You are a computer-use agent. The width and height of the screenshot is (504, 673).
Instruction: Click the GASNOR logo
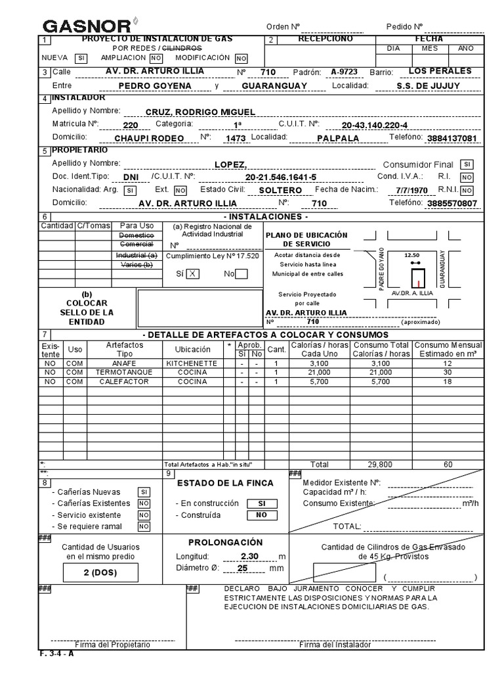click(87, 26)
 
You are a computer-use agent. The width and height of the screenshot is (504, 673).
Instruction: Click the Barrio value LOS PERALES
click(440, 71)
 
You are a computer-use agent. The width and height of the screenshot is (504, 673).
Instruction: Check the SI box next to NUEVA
click(81, 58)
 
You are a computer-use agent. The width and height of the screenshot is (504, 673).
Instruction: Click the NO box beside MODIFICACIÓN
click(241, 58)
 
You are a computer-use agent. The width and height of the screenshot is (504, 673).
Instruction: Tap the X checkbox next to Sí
click(192, 275)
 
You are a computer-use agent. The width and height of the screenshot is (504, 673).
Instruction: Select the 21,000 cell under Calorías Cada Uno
click(310, 372)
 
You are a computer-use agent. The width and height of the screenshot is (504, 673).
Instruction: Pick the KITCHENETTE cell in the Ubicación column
click(192, 363)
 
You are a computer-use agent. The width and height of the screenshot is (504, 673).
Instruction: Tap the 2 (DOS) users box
click(100, 572)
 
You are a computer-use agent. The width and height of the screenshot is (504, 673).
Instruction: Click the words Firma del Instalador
click(335, 645)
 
